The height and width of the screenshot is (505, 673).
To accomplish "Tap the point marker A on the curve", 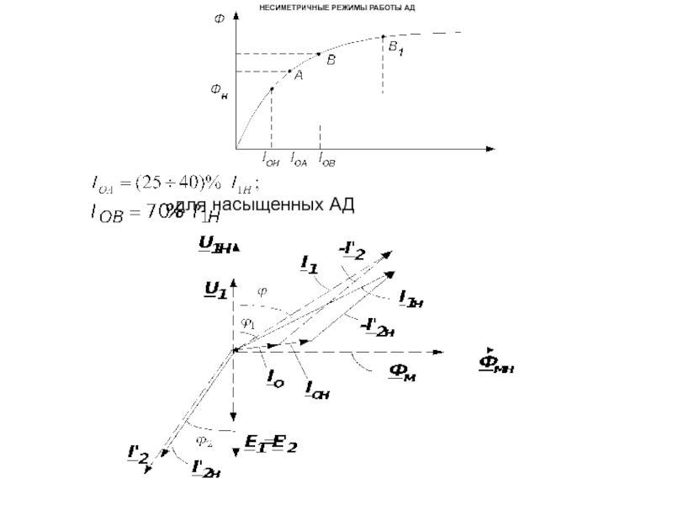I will [x=289, y=71].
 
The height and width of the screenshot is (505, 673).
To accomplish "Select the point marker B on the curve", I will [x=319, y=54].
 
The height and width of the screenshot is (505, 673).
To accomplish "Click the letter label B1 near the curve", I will [x=395, y=50].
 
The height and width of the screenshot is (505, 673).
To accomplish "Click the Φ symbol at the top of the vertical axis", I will [x=220, y=19].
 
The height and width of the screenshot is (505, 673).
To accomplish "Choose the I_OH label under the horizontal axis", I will [x=271, y=157].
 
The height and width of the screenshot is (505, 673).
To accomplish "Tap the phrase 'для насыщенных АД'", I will [x=261, y=205].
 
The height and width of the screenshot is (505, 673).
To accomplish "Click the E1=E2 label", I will [x=270, y=444].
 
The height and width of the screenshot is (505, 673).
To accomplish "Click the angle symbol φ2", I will [x=204, y=439].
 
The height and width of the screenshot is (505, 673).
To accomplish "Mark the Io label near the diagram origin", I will [x=275, y=380].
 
